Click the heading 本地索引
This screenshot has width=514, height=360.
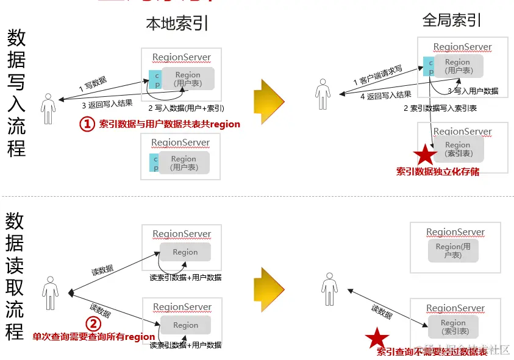click(177, 24)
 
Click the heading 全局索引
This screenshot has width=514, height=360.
click(452, 20)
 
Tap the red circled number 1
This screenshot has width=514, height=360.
click(88, 124)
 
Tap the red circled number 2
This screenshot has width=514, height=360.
click(93, 323)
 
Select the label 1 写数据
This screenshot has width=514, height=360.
click(93, 82)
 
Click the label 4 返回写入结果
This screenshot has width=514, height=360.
click(385, 95)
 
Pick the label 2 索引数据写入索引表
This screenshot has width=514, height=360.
click(440, 108)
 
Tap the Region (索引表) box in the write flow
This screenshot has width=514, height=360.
click(457, 149)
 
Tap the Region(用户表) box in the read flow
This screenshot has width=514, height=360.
click(453, 250)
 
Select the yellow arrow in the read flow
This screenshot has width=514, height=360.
click(269, 286)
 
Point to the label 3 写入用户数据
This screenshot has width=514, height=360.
click(473, 91)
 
